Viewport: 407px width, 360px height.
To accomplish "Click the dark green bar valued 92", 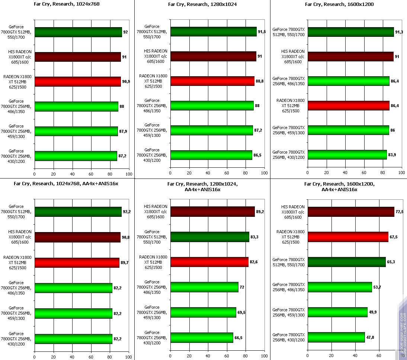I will (78, 32).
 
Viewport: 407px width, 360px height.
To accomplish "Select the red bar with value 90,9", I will (77, 81).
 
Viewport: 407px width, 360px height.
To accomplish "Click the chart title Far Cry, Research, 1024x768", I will (67, 4).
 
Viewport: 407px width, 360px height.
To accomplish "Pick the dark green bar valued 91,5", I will (213, 32).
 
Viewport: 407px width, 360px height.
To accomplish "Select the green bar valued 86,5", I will (211, 155).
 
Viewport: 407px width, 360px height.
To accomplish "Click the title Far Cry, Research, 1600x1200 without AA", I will (339, 4).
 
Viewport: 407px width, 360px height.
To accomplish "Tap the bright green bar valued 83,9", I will (347, 155).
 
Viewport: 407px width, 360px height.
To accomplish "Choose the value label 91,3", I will (401, 32).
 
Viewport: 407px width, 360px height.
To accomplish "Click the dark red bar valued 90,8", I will (77, 237).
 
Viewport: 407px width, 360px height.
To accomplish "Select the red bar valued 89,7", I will (77, 263).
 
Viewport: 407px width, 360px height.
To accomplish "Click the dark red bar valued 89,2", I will (212, 212).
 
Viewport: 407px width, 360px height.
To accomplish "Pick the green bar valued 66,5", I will (202, 338).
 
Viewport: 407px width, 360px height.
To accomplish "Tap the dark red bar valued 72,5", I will (351, 212).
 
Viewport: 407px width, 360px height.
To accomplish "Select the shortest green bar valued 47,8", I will (336, 337).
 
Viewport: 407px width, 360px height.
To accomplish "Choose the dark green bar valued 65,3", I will (346, 262).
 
